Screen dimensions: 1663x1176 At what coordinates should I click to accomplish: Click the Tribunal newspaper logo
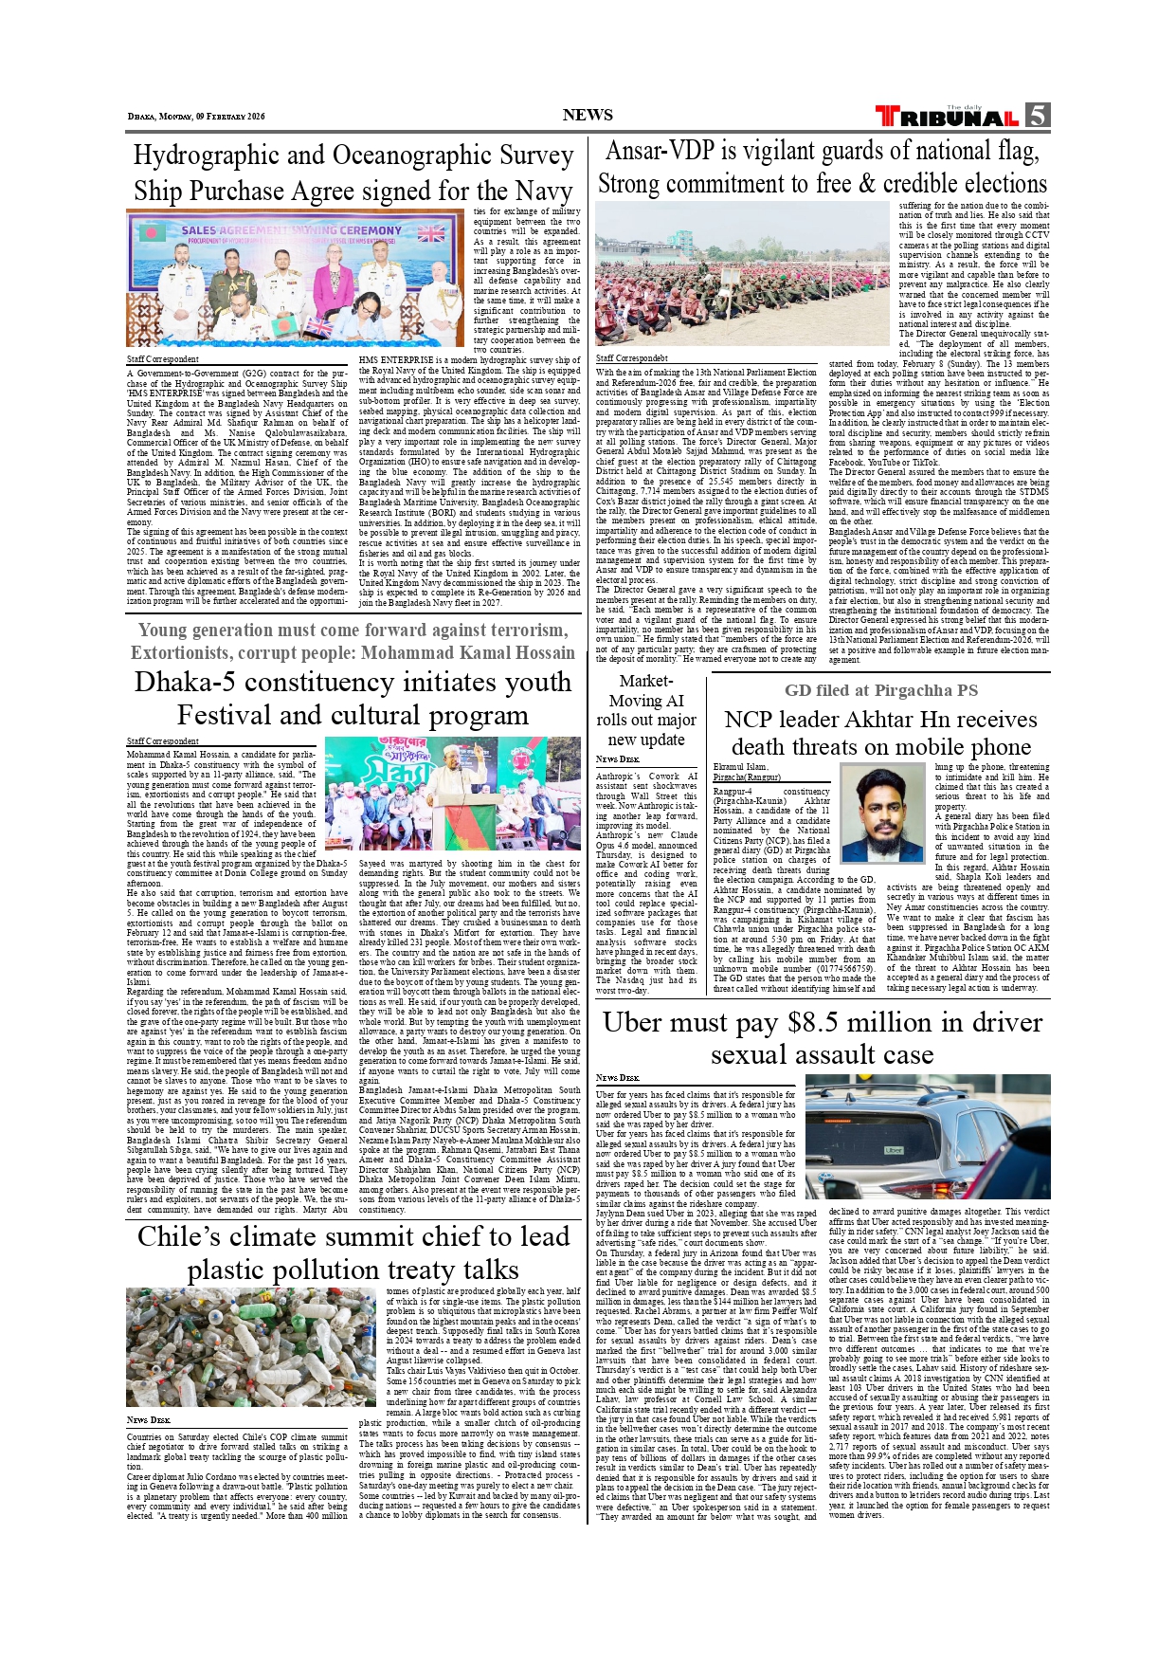pos(947,118)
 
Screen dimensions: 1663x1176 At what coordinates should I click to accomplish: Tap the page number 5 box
pos(1038,116)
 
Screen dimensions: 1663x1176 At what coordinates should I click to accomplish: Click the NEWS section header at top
pos(588,116)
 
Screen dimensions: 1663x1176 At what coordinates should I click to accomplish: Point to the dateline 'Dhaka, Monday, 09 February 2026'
pos(196,117)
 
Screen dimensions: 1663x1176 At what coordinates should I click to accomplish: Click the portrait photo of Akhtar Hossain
pos(881,813)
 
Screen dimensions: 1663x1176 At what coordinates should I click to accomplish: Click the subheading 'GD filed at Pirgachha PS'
pos(880,690)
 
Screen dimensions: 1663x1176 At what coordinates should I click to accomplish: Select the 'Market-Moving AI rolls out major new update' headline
pos(645,710)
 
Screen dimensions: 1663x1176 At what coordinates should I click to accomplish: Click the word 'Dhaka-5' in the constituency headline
pos(188,683)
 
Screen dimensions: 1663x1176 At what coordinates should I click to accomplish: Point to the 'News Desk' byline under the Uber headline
pos(617,1078)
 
